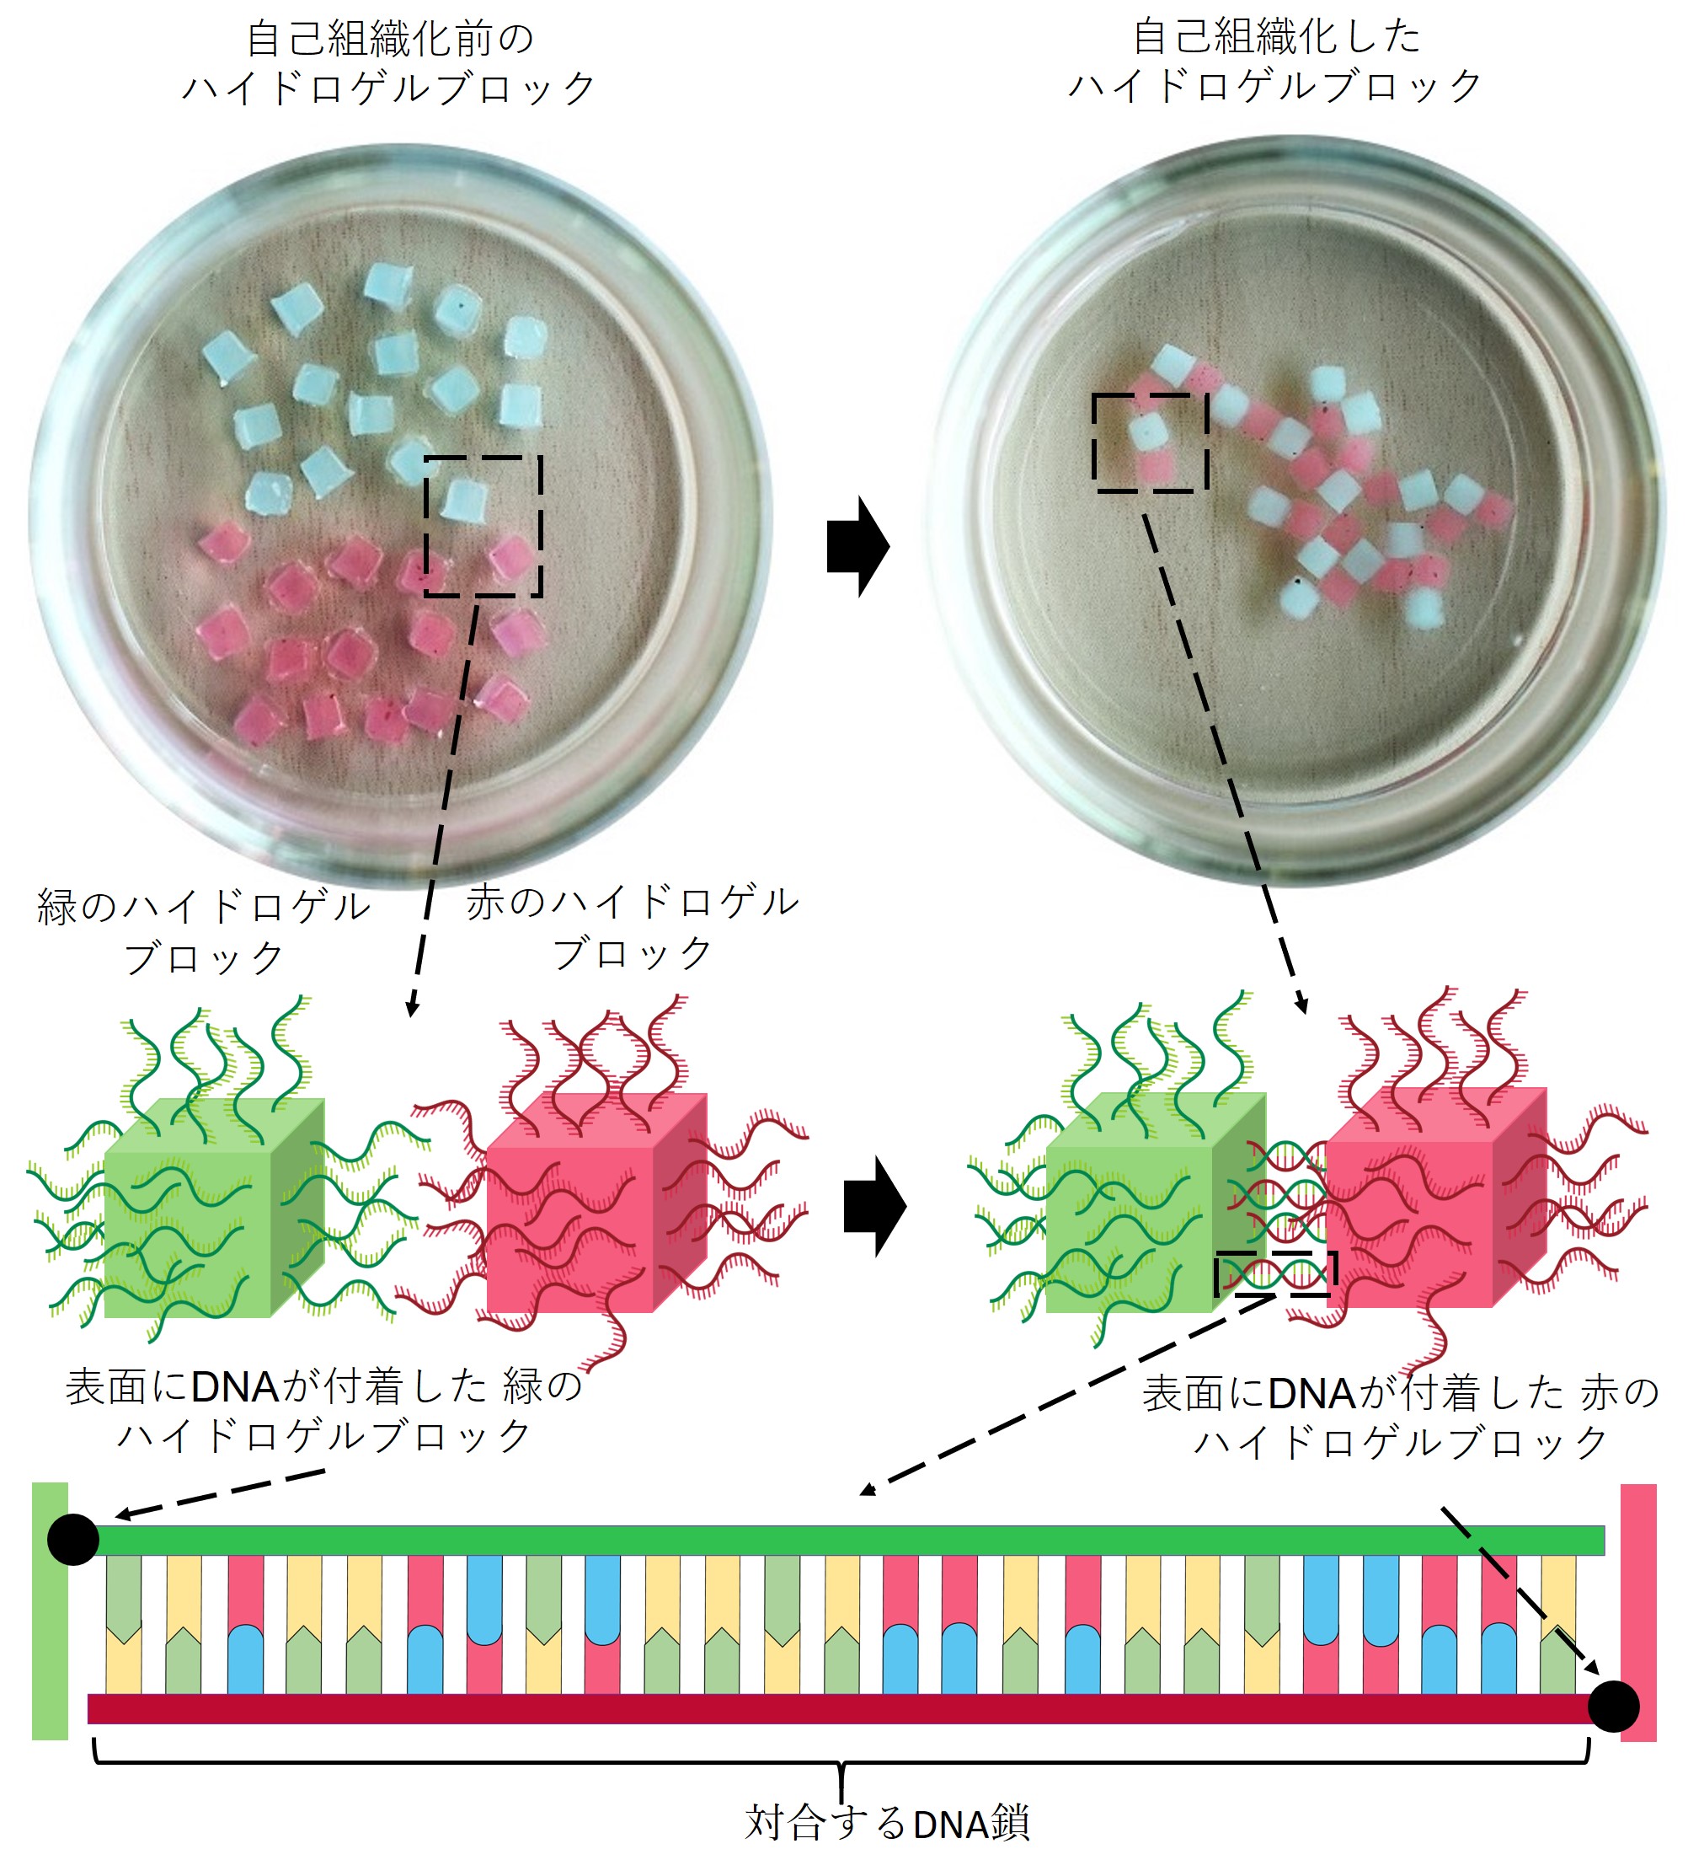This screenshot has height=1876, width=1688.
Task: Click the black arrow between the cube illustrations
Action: (x=873, y=1206)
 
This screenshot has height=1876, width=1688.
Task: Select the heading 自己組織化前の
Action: (x=389, y=40)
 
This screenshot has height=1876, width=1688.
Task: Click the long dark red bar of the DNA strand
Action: (x=835, y=1708)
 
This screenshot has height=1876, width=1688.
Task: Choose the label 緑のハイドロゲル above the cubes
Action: (x=204, y=907)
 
